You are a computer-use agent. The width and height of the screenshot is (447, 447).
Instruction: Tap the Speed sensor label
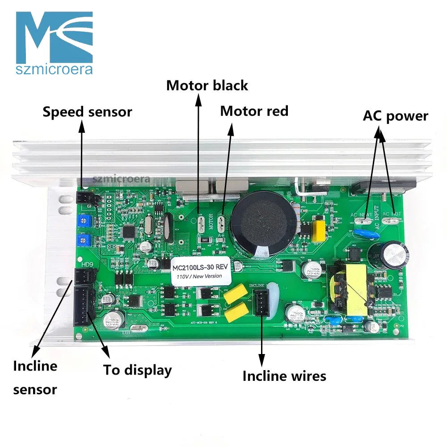coord(87,112)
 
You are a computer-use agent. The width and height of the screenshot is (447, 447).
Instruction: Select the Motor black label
coord(207,85)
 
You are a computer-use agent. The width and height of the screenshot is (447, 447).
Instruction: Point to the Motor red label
coord(254,111)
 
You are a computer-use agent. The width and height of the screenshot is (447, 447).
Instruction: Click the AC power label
coord(395,116)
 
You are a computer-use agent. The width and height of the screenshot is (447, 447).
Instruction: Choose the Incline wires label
coord(284,376)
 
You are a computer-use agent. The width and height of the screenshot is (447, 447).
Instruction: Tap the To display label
coord(138,370)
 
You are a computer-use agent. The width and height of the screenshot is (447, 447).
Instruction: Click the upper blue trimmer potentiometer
coord(82,220)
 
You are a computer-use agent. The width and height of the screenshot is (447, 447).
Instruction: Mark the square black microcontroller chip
coord(130,229)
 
